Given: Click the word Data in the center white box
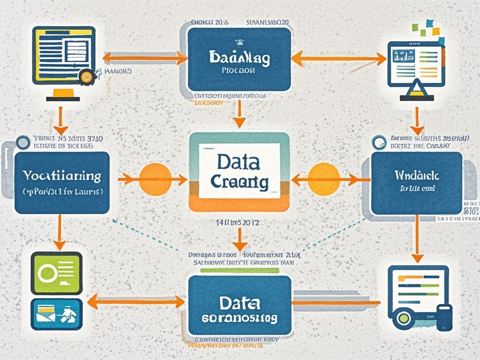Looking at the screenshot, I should (x=238, y=162).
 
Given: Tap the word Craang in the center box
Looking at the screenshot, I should (x=240, y=182).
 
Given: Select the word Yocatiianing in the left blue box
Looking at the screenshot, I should (x=62, y=176).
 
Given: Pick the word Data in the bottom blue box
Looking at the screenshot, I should (x=239, y=302).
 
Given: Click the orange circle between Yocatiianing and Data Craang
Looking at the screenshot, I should (x=155, y=179).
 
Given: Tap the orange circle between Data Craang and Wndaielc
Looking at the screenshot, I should (x=323, y=179).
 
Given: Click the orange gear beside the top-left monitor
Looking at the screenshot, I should (x=87, y=76).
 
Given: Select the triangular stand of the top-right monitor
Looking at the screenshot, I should (x=416, y=88).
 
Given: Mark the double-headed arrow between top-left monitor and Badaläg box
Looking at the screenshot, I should (x=145, y=58).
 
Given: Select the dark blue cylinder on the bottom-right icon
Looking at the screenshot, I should (x=443, y=317).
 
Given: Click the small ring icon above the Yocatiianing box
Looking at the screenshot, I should (x=22, y=142).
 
